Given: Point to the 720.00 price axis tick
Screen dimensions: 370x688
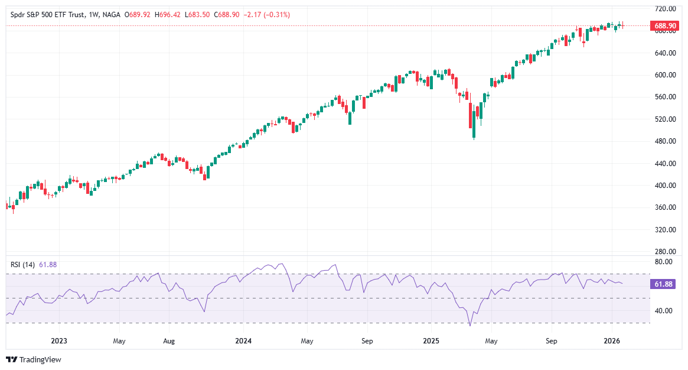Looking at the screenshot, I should (665, 9).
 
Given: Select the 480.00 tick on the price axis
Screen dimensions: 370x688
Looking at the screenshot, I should (665, 141).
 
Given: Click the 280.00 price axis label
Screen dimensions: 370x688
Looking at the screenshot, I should (665, 251).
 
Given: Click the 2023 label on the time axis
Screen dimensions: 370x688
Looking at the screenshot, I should (58, 341).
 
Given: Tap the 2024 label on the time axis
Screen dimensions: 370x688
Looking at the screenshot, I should (243, 341).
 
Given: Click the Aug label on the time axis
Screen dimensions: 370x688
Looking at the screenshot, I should (169, 341).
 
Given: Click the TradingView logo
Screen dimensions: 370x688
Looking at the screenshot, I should (34, 359).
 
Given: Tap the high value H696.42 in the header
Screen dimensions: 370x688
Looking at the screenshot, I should (166, 15).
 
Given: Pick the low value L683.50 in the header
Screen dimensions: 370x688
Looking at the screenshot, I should (193, 15).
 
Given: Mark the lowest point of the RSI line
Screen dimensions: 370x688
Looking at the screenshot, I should (470, 326).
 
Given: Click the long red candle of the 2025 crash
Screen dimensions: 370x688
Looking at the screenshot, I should (471, 116).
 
